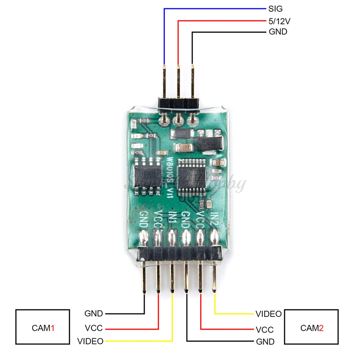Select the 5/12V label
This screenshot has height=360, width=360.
[x=280, y=21]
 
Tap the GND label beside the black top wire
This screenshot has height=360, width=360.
[x=278, y=32]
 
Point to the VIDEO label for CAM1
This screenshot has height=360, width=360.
[x=90, y=341]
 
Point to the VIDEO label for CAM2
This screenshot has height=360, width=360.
[x=269, y=314]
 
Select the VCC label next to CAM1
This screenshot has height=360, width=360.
[x=94, y=328]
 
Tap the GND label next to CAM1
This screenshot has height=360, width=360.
[x=94, y=314]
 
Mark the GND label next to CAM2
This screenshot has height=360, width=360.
[x=265, y=342]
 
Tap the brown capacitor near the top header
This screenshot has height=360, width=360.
[x=184, y=147]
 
